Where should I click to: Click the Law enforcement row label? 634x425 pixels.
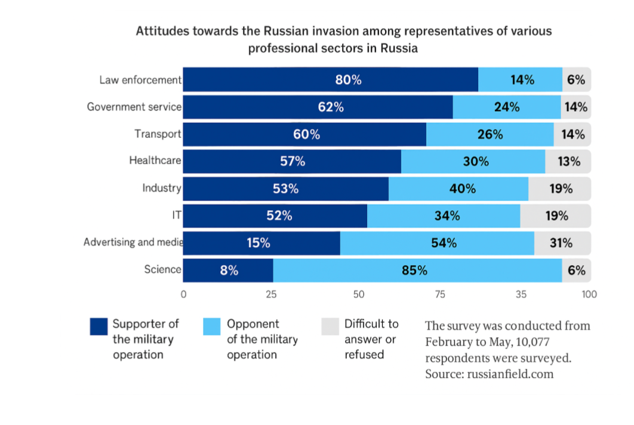point(140,80)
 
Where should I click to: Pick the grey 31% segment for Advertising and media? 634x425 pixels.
point(562,243)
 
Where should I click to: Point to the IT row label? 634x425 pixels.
point(176,215)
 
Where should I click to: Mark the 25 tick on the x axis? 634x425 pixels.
point(271,294)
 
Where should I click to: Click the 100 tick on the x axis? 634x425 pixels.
point(589,294)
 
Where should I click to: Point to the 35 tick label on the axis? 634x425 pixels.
point(521,294)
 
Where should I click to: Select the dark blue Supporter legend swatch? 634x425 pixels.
point(99,327)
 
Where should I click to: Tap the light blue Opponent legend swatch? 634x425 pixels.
point(212,327)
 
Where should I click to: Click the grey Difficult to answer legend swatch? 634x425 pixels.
point(330,327)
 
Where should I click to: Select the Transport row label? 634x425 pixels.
point(158,134)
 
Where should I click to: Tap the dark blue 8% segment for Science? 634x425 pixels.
point(228,270)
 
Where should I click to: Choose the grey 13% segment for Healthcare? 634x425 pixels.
point(568,161)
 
